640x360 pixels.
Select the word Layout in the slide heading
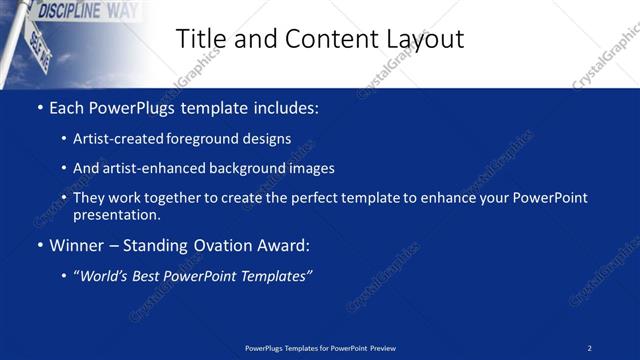pyautogui.click(x=423, y=39)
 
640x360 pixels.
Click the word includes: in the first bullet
pyautogui.click(x=286, y=106)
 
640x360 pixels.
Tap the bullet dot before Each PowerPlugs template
pyautogui.click(x=39, y=107)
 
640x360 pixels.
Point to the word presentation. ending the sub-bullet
pyautogui.click(x=117, y=214)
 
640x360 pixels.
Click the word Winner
pyautogui.click(x=77, y=245)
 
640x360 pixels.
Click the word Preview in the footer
pyautogui.click(x=381, y=348)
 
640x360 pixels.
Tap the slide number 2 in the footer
pyautogui.click(x=590, y=348)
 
